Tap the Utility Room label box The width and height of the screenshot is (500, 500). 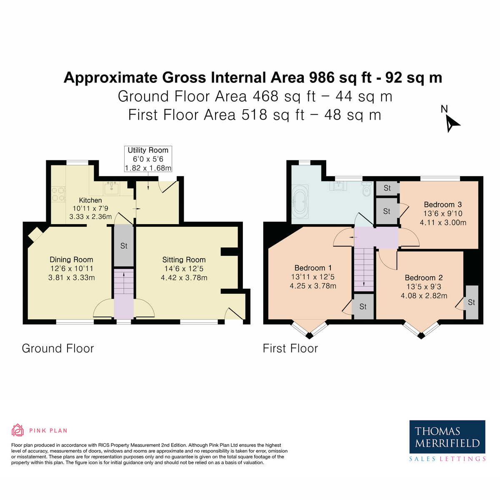point(148,159)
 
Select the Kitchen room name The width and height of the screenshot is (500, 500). point(90,200)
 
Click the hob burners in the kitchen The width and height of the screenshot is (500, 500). point(58,194)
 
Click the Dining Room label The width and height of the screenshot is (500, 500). point(71,260)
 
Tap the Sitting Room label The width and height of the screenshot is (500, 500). point(184,260)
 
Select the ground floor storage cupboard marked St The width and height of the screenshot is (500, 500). point(124,245)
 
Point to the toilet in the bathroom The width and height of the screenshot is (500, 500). point(366,189)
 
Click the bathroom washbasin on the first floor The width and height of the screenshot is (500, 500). point(338,186)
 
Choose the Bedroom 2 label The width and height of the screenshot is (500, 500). point(424,277)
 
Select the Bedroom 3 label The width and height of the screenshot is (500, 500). point(442,205)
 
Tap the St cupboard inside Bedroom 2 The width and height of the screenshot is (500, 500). point(472,302)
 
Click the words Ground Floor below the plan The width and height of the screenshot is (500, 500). point(58,348)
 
